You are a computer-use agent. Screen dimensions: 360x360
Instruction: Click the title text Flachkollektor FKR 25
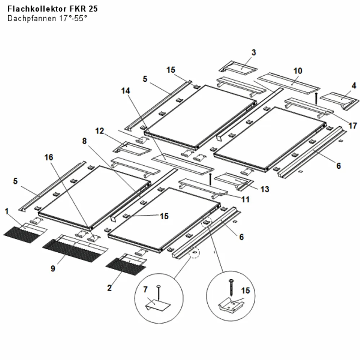(53, 9)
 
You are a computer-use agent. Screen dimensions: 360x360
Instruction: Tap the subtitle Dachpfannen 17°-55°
(47, 18)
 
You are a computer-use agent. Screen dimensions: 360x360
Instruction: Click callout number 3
(253, 53)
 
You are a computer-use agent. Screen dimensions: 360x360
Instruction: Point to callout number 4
(354, 86)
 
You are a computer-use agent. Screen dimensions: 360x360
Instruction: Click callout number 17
(353, 126)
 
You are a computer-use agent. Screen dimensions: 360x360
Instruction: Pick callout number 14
(125, 91)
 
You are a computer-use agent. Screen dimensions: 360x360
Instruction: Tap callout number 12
(100, 131)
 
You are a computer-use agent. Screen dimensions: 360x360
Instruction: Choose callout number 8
(85, 141)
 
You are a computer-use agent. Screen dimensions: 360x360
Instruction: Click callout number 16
(49, 157)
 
